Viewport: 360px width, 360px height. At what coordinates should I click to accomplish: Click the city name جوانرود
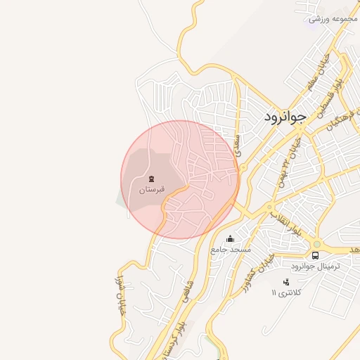click(x=286, y=117)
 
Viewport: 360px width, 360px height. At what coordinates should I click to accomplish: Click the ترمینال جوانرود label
click(x=315, y=267)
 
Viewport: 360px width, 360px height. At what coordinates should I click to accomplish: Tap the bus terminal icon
click(x=315, y=256)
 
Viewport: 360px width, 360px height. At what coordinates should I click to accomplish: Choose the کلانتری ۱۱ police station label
click(x=285, y=292)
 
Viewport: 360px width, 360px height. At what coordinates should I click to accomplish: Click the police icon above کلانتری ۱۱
click(x=285, y=282)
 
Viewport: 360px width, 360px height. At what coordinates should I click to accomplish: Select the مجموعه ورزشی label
click(x=330, y=19)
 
